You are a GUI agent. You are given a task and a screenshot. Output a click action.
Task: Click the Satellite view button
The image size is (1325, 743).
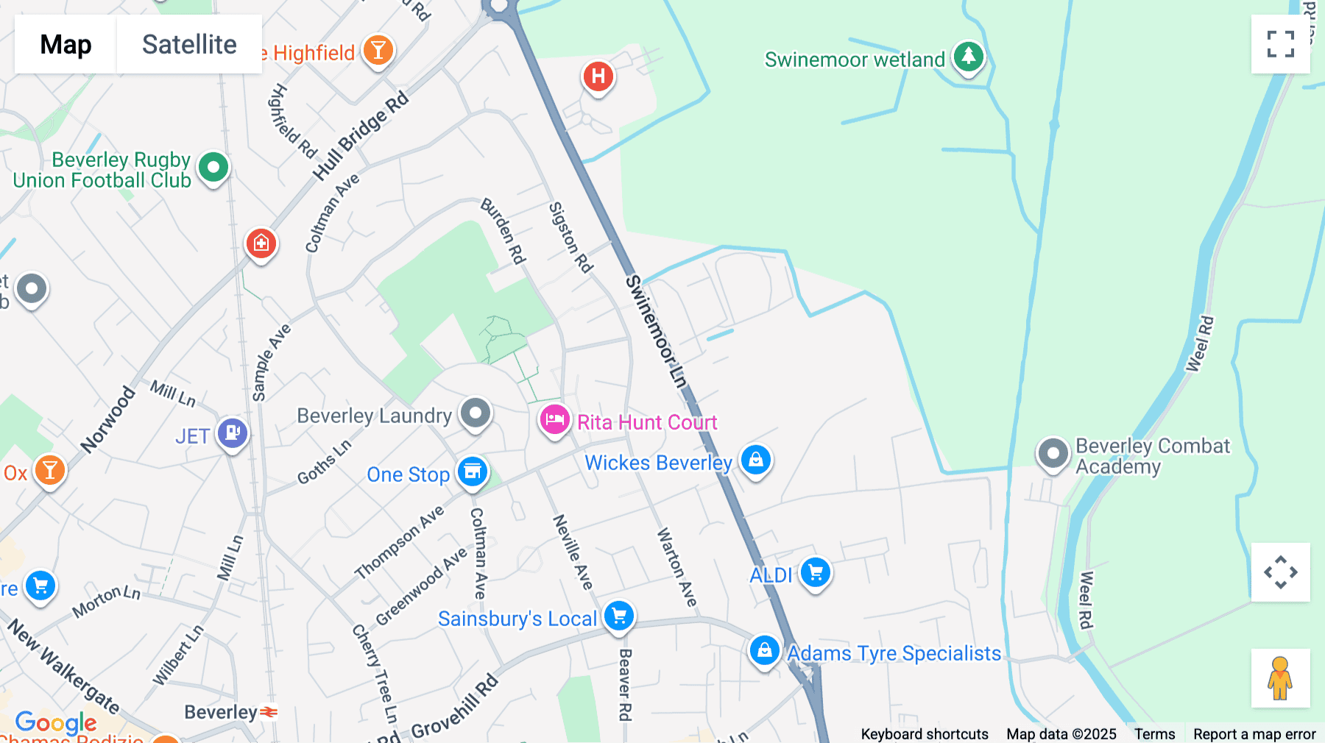(189, 44)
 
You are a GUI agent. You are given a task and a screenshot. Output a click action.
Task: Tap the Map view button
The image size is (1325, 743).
(66, 44)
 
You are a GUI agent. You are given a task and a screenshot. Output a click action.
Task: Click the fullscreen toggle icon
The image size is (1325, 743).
(1280, 44)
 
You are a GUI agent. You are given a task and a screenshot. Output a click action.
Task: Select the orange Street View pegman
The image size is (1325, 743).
(1280, 678)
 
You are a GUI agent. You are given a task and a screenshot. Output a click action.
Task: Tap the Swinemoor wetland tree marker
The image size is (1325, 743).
(968, 57)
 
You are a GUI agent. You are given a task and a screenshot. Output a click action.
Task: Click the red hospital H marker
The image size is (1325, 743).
(598, 77)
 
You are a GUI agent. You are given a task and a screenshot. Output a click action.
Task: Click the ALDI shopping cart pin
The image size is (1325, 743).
(816, 572)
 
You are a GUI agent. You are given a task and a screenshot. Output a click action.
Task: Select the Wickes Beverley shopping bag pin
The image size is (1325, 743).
(756, 460)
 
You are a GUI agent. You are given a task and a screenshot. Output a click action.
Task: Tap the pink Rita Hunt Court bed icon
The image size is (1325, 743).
(554, 420)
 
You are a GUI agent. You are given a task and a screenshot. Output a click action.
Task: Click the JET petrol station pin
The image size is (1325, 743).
(233, 433)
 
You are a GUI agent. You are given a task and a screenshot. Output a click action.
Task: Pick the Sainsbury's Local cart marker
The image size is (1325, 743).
(619, 616)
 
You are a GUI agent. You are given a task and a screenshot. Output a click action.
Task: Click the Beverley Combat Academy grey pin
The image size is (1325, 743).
(1053, 453)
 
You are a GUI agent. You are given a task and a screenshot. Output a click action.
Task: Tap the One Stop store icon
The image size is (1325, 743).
(473, 472)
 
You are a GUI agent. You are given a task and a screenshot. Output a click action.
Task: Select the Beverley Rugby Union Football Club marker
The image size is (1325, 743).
(213, 168)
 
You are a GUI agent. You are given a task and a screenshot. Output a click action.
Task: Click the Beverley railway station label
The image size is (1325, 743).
(221, 712)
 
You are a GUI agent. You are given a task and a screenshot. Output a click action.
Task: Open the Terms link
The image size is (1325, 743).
(1154, 733)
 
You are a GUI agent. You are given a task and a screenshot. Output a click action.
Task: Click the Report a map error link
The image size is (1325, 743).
(1254, 733)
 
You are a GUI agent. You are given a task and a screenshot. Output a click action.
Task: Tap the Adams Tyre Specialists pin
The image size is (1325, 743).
(764, 651)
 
